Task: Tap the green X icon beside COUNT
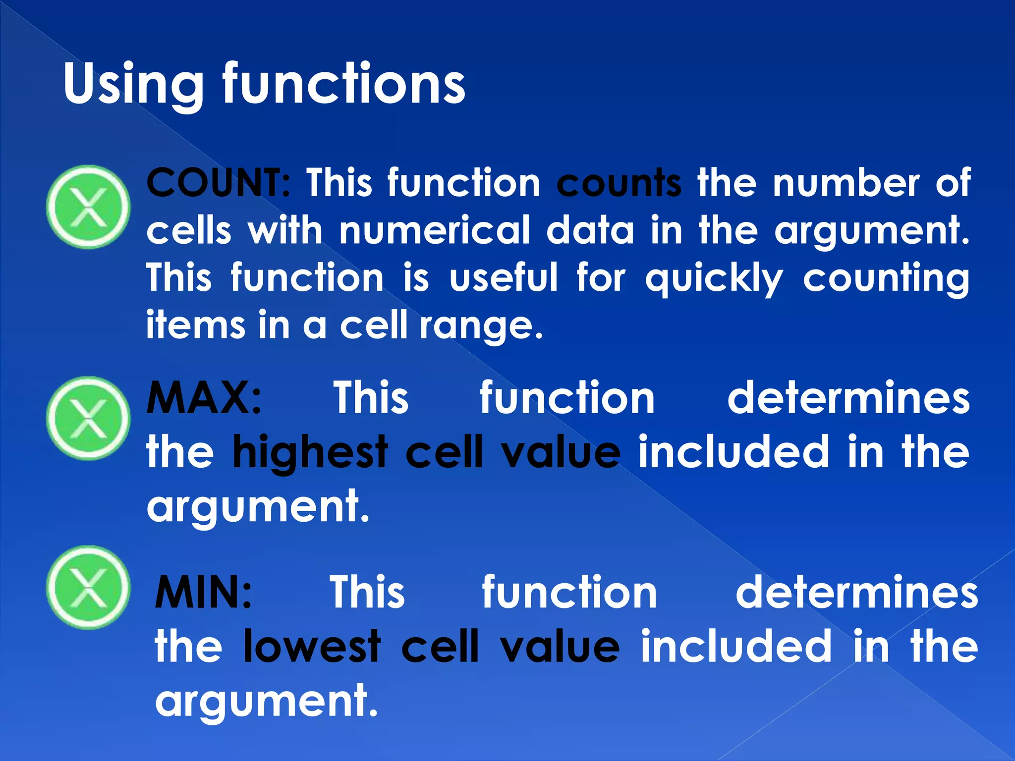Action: click(x=88, y=207)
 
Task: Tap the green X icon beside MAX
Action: click(x=88, y=418)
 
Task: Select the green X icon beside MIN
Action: click(x=88, y=588)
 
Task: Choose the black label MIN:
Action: click(x=203, y=592)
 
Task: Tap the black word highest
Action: click(x=311, y=452)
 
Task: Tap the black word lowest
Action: click(x=312, y=646)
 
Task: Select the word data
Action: click(x=590, y=230)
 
